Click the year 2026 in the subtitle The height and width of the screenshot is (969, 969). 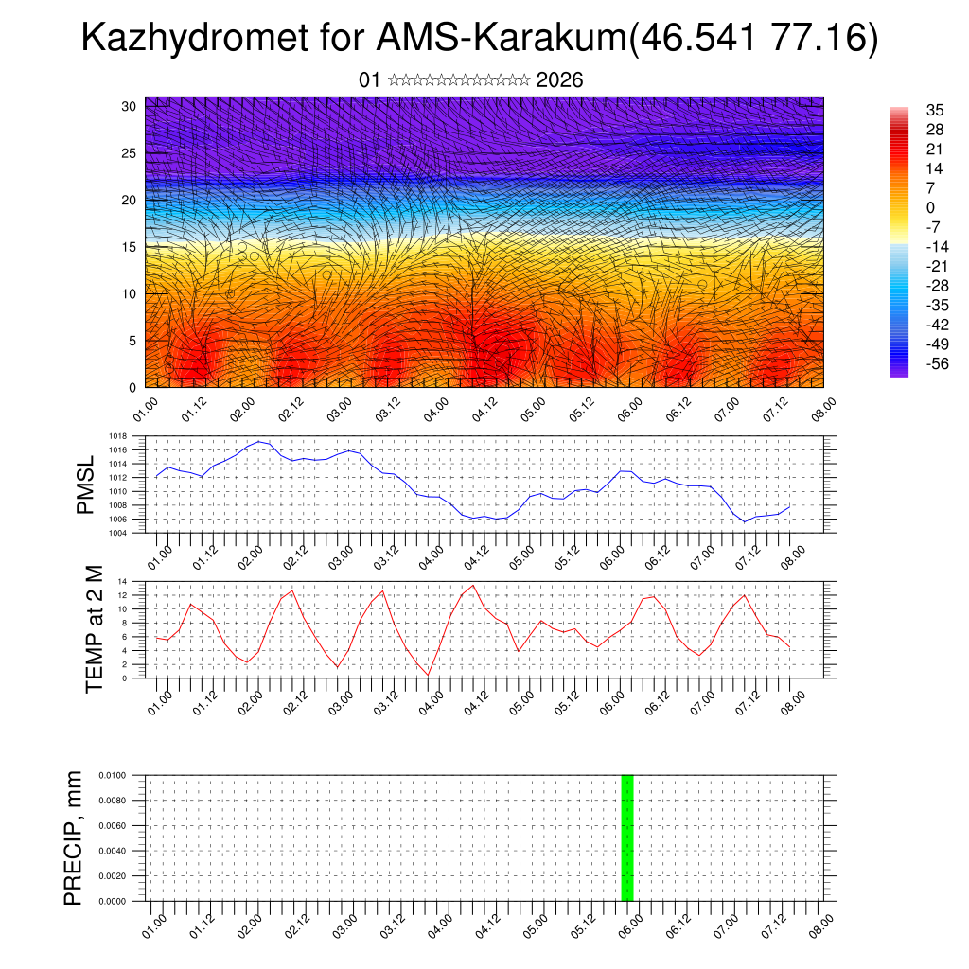(x=559, y=80)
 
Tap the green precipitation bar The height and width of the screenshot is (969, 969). (x=626, y=837)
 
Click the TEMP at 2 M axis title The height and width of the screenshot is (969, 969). (x=94, y=629)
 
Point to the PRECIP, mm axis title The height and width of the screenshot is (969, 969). (x=73, y=837)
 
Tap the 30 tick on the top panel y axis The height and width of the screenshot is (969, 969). (x=129, y=106)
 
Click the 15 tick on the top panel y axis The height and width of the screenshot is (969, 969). (x=129, y=247)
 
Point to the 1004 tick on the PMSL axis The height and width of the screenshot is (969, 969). (x=117, y=534)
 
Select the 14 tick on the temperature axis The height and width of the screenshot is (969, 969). (x=123, y=581)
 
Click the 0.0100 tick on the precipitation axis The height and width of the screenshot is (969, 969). (x=112, y=775)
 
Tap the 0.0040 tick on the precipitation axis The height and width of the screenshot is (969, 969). (x=112, y=851)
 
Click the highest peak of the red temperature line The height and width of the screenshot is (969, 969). (x=473, y=585)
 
